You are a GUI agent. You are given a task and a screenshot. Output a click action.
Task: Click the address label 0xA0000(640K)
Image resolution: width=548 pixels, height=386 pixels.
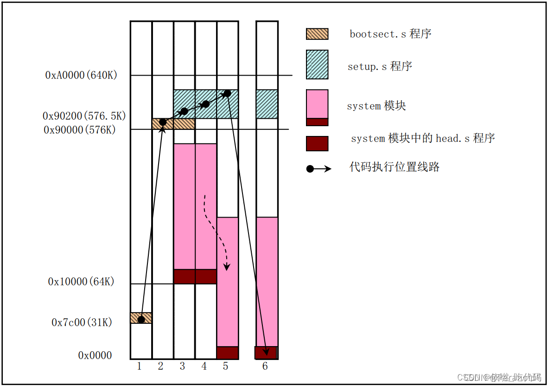tap(81, 75)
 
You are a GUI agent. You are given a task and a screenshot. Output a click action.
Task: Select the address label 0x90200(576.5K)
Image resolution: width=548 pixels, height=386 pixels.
tap(84, 116)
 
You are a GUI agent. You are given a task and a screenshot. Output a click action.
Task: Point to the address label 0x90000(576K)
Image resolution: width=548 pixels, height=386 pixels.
tap(80, 130)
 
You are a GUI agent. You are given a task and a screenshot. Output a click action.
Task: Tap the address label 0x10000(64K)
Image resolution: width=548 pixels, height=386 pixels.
tap(81, 282)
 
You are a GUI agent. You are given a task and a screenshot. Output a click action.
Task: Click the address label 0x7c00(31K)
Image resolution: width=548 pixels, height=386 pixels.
tap(82, 322)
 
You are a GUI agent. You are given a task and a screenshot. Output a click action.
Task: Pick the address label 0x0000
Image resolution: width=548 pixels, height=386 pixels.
tap(95, 355)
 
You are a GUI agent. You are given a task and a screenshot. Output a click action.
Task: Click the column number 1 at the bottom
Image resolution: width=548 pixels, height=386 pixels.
tap(139, 367)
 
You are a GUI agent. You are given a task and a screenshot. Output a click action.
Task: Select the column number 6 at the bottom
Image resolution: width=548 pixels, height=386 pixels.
tap(265, 367)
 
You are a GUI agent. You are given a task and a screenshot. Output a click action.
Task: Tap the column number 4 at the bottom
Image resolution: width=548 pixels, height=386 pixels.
tap(204, 367)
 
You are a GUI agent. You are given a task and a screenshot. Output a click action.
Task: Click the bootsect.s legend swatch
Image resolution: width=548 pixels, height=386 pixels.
tap(317, 34)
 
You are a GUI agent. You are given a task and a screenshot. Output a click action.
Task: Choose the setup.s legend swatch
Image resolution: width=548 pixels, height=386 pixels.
tap(317, 64)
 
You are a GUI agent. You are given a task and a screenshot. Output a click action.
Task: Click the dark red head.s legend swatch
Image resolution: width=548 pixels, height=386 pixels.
tap(317, 143)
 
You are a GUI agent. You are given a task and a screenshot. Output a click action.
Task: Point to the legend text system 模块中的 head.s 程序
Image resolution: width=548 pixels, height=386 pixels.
tap(423, 138)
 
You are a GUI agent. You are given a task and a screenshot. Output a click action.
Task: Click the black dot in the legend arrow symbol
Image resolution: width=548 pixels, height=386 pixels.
tap(310, 169)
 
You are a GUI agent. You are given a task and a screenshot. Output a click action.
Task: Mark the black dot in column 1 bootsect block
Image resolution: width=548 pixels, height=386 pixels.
tap(141, 320)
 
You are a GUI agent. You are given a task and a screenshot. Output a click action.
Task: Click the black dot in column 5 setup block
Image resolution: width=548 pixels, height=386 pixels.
tap(227, 93)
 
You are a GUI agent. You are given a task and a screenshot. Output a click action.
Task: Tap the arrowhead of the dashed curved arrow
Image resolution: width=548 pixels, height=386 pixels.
tap(227, 268)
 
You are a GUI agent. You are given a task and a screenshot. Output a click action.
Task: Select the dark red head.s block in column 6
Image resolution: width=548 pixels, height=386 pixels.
tap(266, 353)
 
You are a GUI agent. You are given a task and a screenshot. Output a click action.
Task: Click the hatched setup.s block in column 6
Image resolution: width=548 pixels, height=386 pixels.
tap(267, 104)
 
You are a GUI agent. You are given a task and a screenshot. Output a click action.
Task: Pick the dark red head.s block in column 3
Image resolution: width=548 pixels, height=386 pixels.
tap(184, 277)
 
